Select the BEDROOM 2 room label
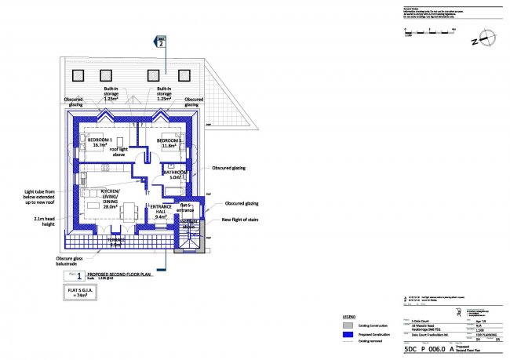point(169,141)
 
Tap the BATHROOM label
point(174,173)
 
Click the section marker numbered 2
point(162,43)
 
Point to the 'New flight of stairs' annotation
point(241,220)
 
